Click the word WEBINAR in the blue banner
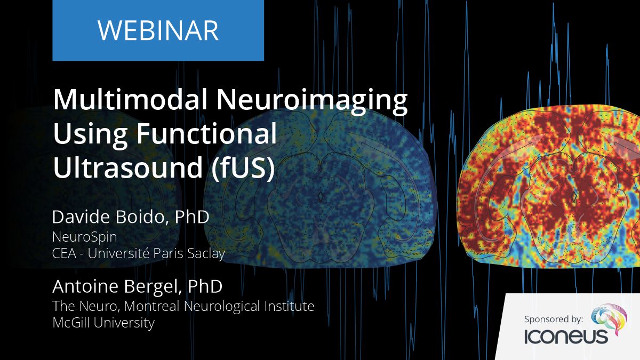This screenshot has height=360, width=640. pyautogui.click(x=158, y=30)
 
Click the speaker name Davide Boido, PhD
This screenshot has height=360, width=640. pyautogui.click(x=131, y=218)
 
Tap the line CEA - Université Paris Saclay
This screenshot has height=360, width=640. pyautogui.click(x=138, y=253)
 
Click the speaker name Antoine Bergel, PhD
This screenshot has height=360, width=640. pyautogui.click(x=137, y=286)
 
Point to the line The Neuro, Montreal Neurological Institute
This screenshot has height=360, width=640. pyautogui.click(x=183, y=306)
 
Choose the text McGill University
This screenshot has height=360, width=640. pyautogui.click(x=103, y=323)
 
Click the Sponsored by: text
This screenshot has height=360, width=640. pyautogui.click(x=553, y=319)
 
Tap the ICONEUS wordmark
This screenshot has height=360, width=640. pyautogui.click(x=566, y=337)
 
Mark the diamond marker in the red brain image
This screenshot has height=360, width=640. pyautogui.click(x=574, y=197)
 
